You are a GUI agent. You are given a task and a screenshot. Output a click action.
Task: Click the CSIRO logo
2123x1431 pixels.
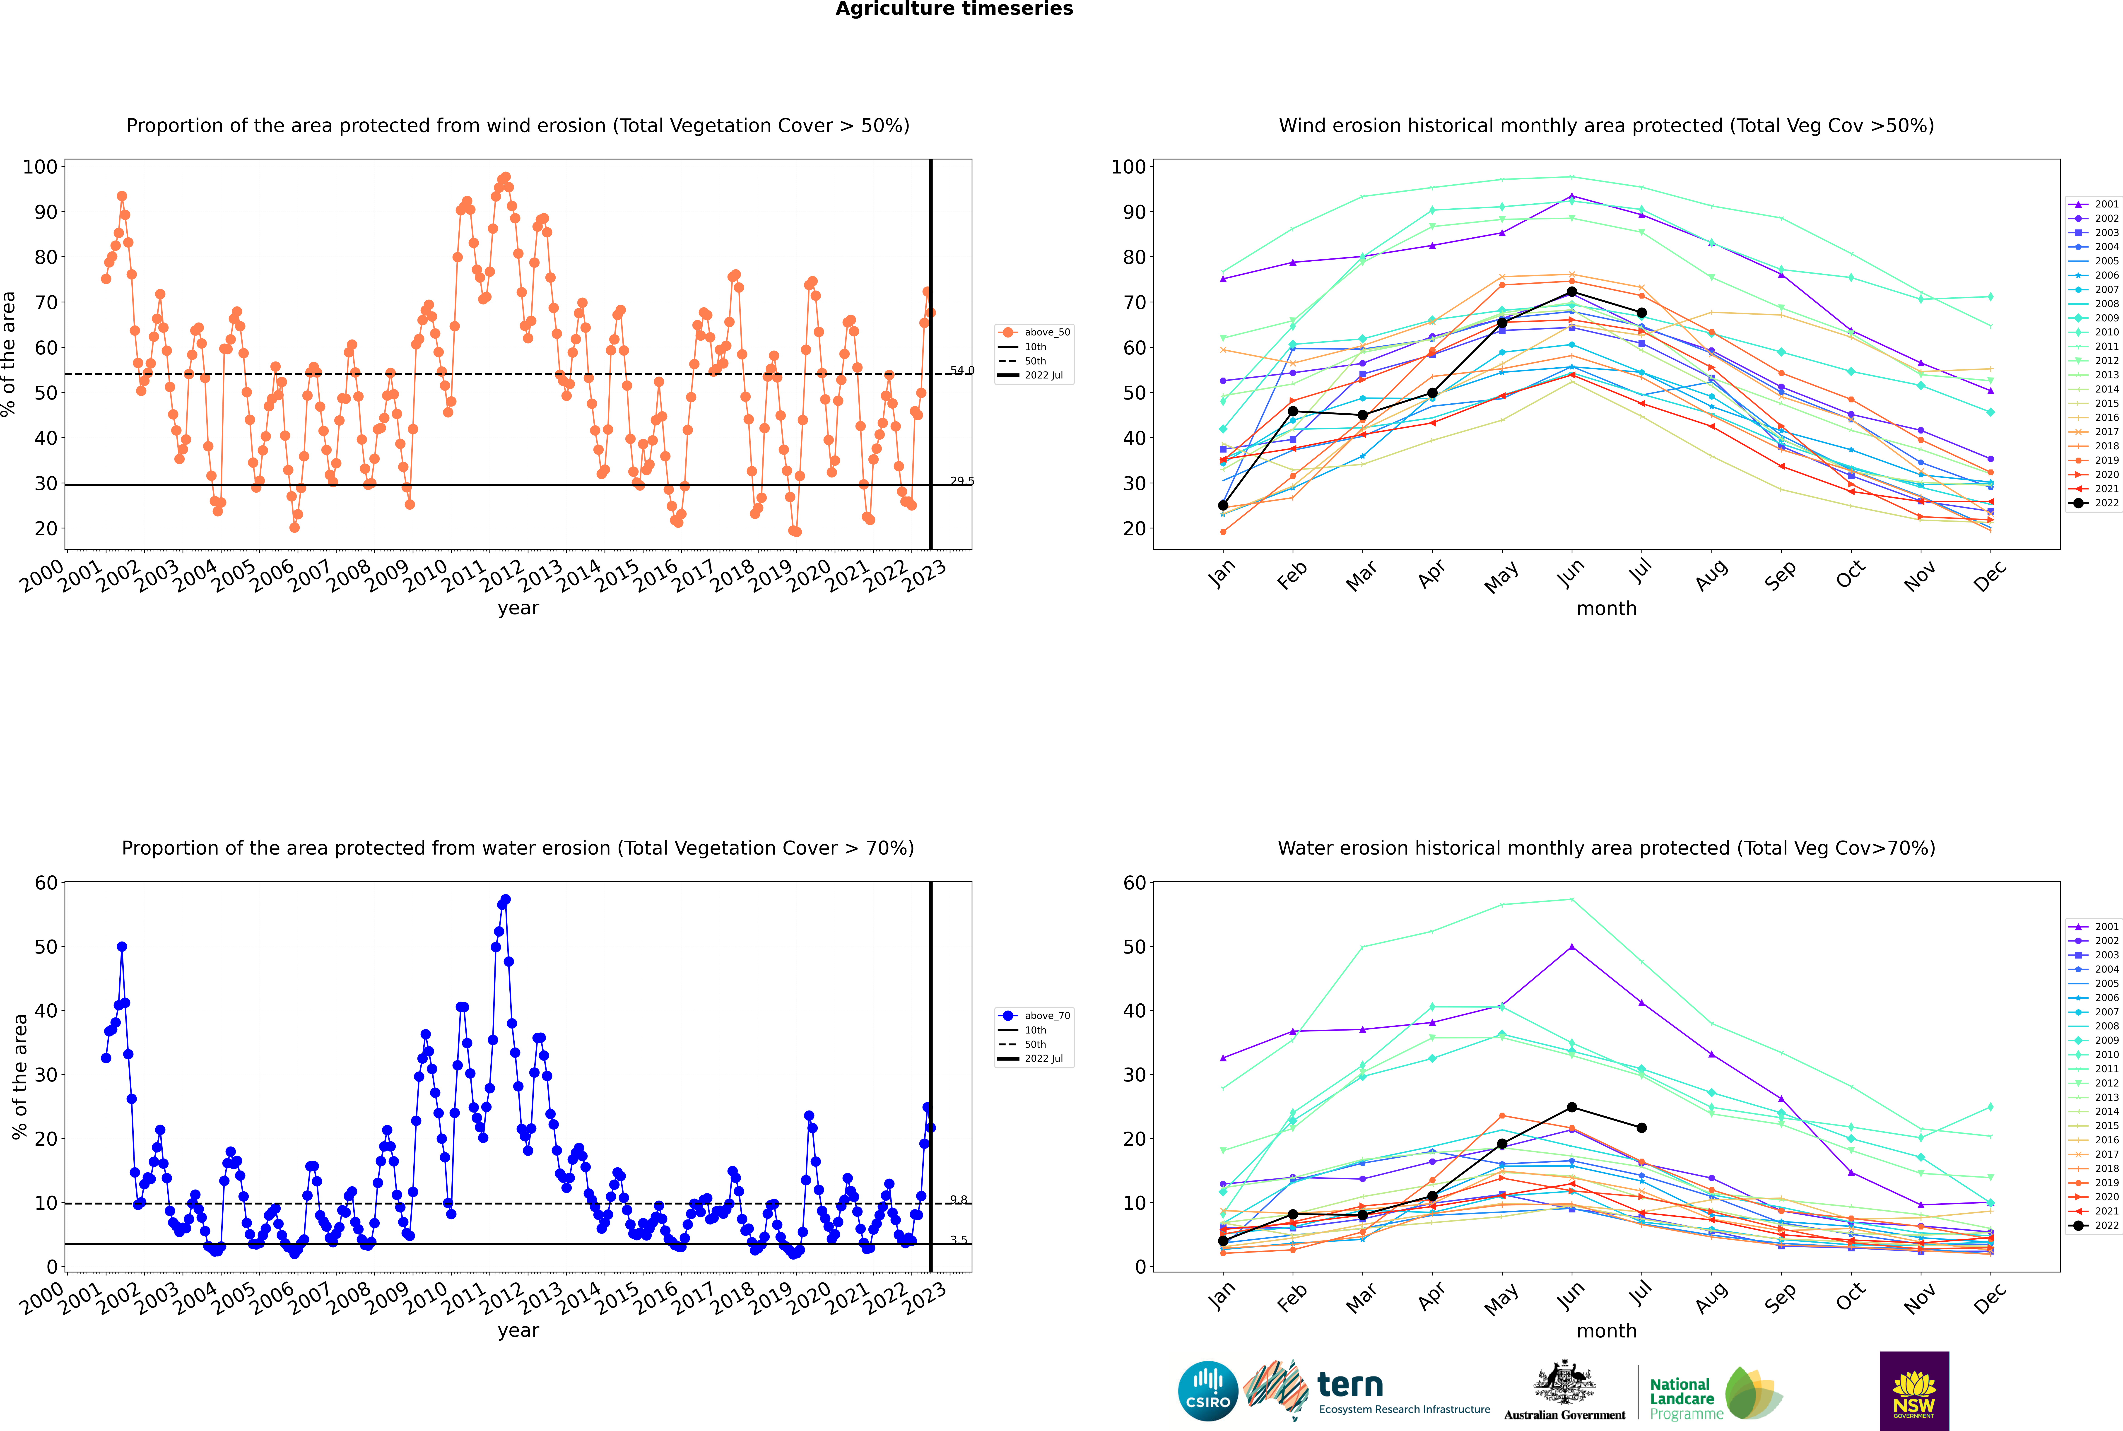[x=1208, y=1392]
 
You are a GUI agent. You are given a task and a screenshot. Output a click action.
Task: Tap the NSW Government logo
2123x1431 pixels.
[x=1914, y=1391]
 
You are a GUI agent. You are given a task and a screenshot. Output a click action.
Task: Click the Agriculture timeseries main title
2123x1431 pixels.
[x=954, y=9]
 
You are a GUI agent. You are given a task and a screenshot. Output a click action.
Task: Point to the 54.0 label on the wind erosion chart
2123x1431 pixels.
[x=962, y=371]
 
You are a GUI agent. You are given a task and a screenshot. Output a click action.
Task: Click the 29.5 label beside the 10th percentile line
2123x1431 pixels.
[x=962, y=481]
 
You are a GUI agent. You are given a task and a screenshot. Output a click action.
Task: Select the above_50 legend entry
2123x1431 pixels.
[x=1034, y=332]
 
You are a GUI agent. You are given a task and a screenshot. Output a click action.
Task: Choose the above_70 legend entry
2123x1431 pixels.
[x=1034, y=1016]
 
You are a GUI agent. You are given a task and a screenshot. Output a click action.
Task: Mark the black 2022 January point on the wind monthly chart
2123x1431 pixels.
[x=1223, y=506]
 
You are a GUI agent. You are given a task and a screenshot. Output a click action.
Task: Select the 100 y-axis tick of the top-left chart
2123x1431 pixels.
[x=40, y=167]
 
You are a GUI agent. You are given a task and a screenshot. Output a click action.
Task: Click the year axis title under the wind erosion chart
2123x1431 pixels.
[x=518, y=609]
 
